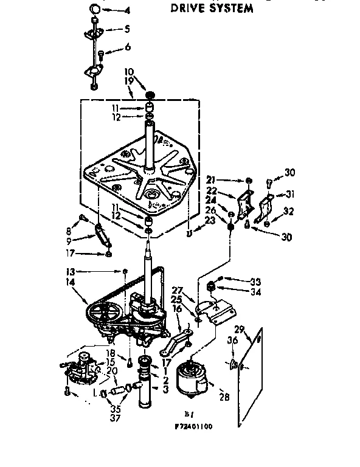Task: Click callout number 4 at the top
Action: [127, 10]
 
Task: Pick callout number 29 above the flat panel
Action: [240, 329]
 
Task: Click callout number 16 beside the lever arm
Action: [178, 309]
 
